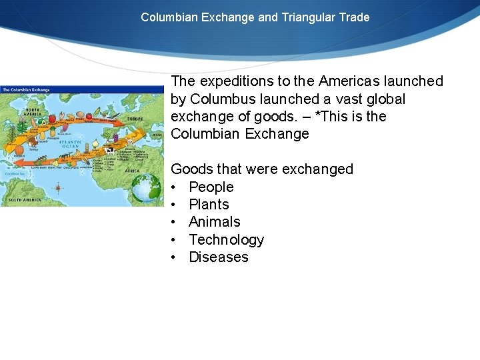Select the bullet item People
click(x=211, y=187)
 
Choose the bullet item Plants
click(x=209, y=205)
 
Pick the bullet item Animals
click(x=214, y=222)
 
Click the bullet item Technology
click(x=226, y=240)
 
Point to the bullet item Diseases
click(x=218, y=257)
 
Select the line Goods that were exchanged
click(x=262, y=169)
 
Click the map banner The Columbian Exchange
click(x=27, y=90)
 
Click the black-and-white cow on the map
click(x=109, y=151)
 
